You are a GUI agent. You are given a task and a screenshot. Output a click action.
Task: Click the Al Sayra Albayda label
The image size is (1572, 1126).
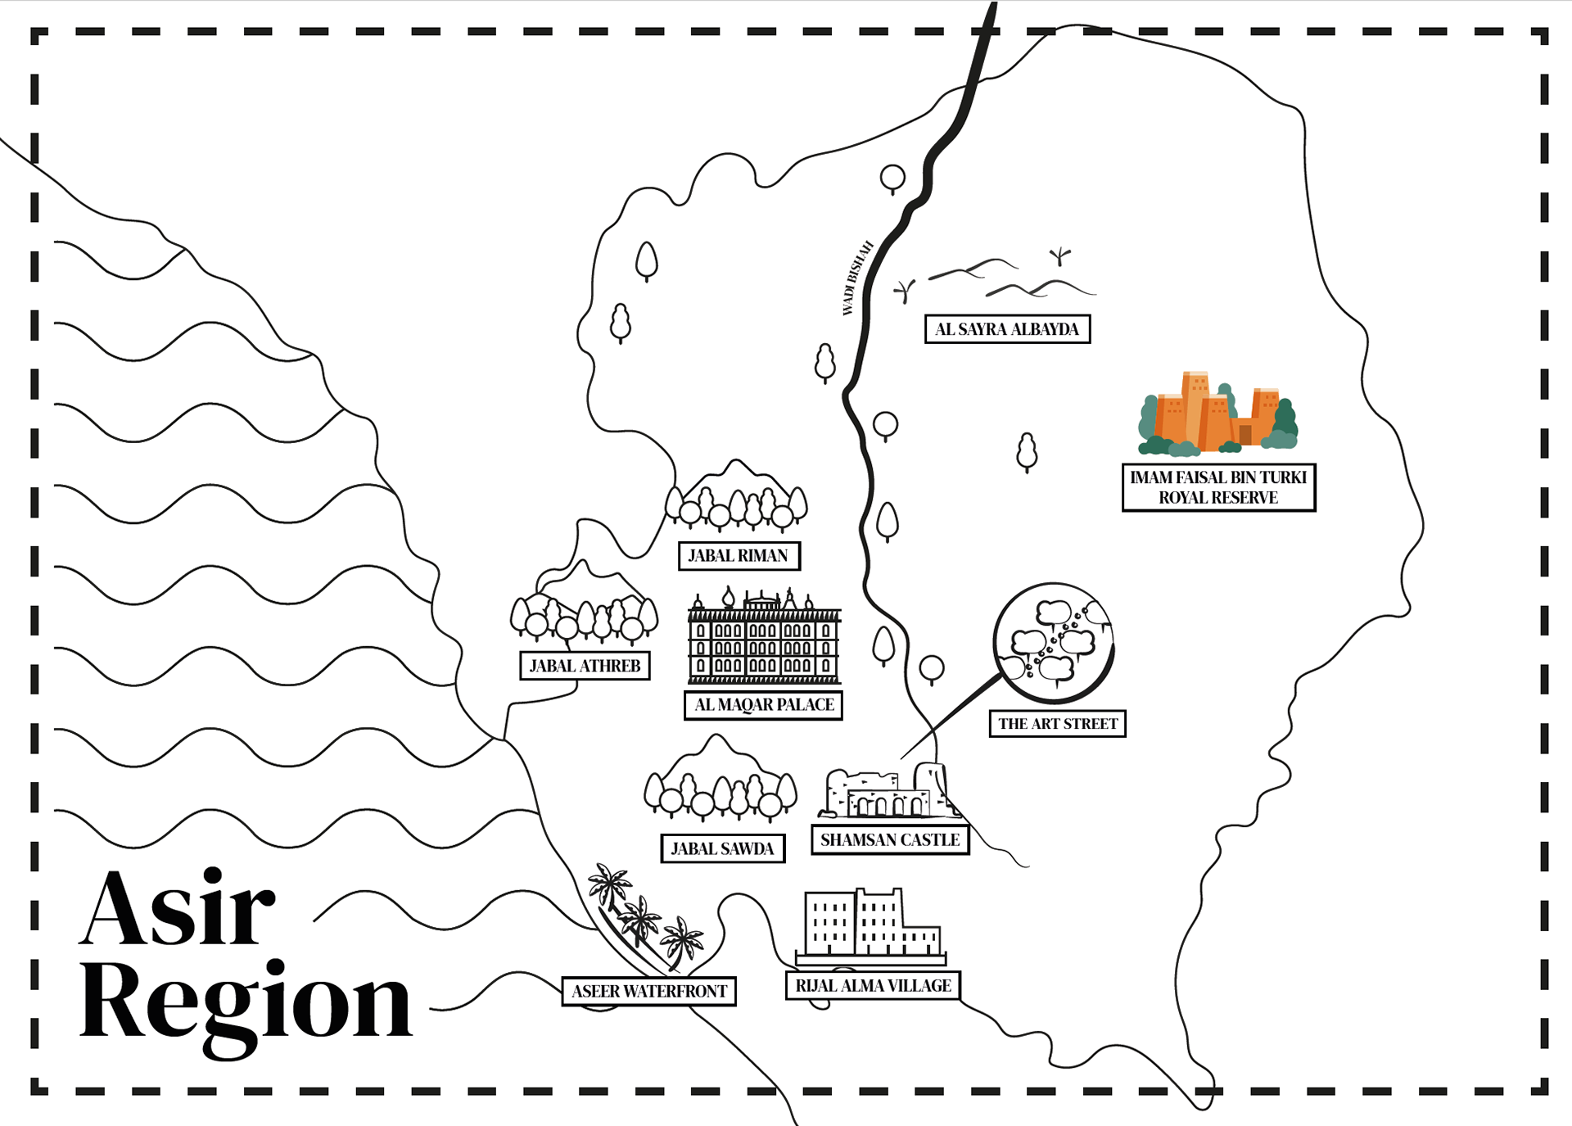pos(1007,329)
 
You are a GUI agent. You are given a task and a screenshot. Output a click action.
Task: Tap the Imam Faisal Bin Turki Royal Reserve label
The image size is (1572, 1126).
pos(1218,487)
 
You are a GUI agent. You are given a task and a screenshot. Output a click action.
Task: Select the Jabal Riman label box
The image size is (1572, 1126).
pos(739,556)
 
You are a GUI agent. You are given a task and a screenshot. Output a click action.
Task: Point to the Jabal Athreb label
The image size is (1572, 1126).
pos(585,666)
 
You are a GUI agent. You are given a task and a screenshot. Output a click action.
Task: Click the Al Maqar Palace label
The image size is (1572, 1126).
pos(763,705)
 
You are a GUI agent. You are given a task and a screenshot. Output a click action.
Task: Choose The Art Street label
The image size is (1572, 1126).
pos(1057,724)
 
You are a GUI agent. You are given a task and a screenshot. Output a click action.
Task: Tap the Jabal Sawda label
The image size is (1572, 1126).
pos(722,849)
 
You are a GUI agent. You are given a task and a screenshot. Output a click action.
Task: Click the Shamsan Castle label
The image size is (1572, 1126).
pos(890,840)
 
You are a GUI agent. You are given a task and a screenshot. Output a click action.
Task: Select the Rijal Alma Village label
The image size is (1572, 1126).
pos(873,986)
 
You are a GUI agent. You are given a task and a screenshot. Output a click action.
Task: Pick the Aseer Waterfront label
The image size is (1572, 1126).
pos(649,992)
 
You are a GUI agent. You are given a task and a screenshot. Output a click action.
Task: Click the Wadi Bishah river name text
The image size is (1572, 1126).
pos(857,278)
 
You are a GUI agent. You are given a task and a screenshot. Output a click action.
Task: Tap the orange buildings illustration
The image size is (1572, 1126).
pos(1217,414)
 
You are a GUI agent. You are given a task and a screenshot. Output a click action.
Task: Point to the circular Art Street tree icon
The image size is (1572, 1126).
pos(1054,643)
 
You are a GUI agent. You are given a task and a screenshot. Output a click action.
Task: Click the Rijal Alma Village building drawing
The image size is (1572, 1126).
pos(870,925)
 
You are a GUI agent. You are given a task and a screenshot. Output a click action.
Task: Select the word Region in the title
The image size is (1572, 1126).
pos(246,1003)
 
